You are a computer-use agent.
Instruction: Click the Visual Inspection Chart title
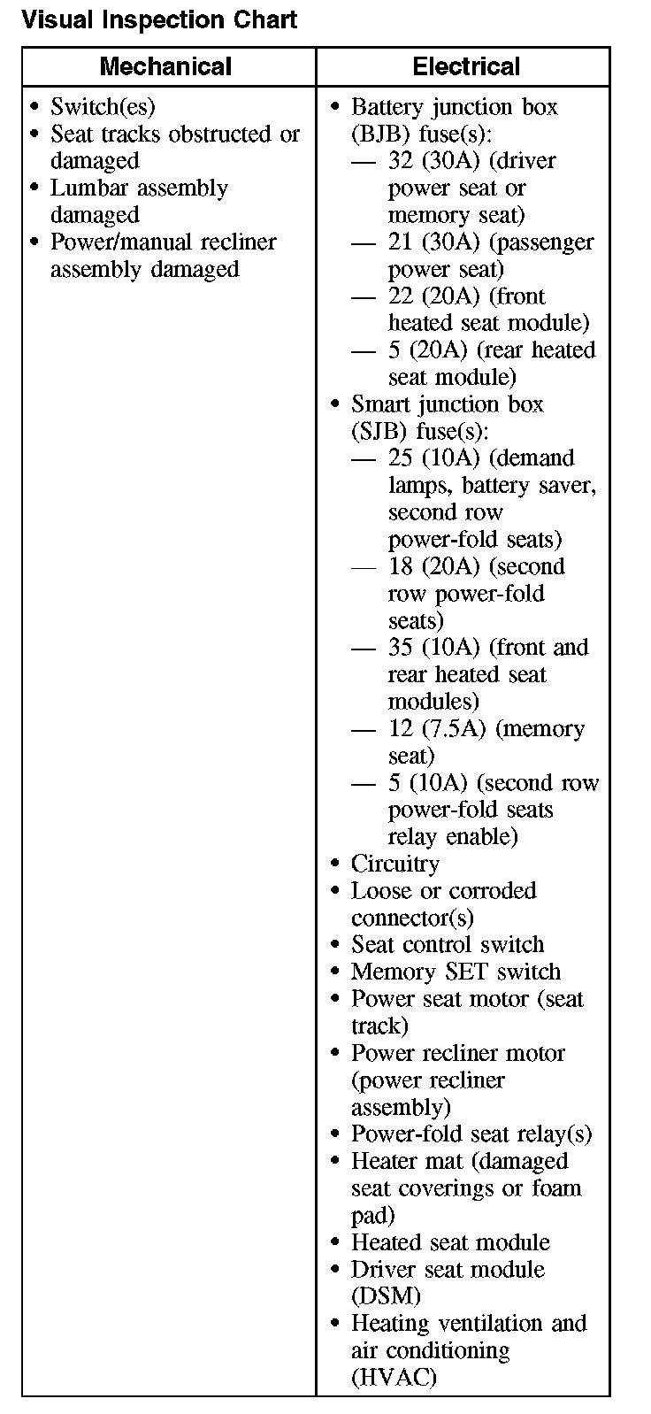[159, 19]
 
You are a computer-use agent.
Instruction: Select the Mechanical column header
[165, 66]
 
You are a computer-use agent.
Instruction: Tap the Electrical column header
[466, 66]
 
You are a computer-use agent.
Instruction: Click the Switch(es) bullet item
[103, 107]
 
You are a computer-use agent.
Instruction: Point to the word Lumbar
[89, 188]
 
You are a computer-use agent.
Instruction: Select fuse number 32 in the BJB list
[401, 161]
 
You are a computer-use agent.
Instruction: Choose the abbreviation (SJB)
[380, 432]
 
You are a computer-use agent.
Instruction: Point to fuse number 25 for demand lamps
[401, 458]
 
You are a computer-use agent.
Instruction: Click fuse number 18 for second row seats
[401, 567]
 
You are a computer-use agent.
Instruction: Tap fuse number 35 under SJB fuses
[401, 648]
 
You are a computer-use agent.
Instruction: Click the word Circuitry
[394, 864]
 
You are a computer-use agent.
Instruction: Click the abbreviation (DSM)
[386, 1296]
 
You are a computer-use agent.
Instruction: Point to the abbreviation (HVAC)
[394, 1378]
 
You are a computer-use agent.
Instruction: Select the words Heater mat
[398, 1161]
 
